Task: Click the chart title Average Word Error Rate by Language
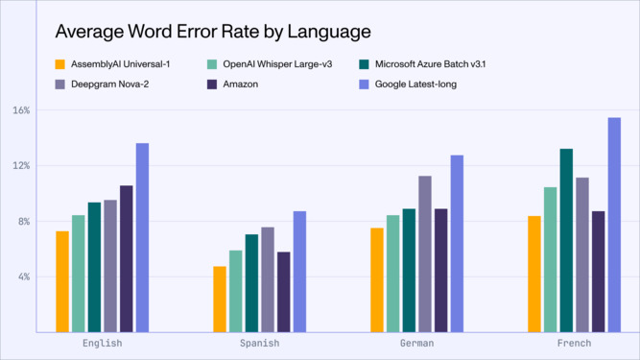coord(212,33)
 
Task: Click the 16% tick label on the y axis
coord(22,110)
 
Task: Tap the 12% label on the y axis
coord(22,165)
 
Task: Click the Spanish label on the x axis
coord(260,343)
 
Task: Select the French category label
coord(574,343)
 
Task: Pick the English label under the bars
coord(103,343)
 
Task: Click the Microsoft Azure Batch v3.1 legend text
coord(439,65)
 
